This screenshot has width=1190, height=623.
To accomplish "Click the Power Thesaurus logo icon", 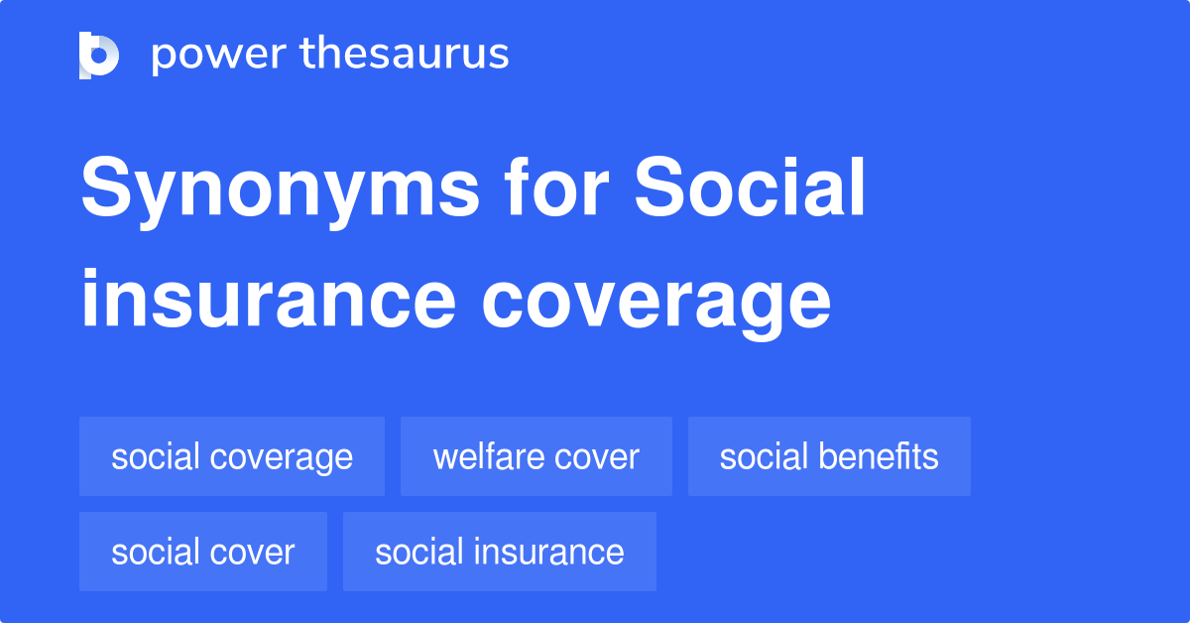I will [x=99, y=55].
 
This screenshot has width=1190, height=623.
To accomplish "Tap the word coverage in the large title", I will [x=656, y=303].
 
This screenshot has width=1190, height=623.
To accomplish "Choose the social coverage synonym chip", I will [x=232, y=456].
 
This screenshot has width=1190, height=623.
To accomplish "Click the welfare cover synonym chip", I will [x=536, y=456].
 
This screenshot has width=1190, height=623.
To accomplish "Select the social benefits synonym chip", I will [x=829, y=456].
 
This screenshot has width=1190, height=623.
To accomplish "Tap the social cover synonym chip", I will [x=203, y=552].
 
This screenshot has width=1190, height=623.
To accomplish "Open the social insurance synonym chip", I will [x=500, y=552].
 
